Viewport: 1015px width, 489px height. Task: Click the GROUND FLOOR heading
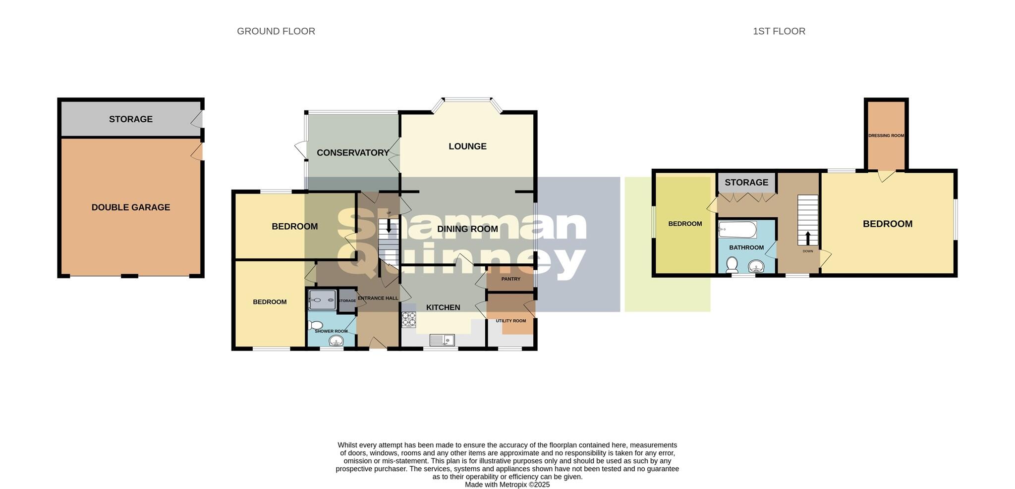(276, 31)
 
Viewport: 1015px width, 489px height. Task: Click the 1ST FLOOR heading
(779, 31)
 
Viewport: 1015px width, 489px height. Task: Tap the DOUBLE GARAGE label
(131, 207)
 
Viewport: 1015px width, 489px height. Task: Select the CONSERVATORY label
(353, 152)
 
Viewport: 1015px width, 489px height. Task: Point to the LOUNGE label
(467, 146)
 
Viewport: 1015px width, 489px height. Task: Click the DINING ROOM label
(467, 229)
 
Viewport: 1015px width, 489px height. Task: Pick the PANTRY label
(510, 279)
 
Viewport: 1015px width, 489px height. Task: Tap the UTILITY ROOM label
(510, 321)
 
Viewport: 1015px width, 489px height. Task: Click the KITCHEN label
(443, 307)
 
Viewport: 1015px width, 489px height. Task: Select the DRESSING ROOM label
(886, 136)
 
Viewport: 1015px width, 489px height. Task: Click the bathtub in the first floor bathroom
(737, 230)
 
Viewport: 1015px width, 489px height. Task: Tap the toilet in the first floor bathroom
(732, 266)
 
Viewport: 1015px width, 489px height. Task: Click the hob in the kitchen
(409, 319)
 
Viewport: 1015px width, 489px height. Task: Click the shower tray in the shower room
(322, 300)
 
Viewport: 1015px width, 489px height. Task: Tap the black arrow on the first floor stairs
(808, 238)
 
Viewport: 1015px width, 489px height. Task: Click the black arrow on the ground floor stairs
(389, 227)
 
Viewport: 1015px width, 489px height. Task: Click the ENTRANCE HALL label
(378, 298)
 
